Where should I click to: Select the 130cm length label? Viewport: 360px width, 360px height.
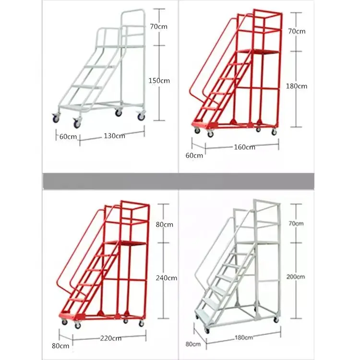[x=114, y=136]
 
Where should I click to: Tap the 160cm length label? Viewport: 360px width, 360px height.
[x=244, y=147]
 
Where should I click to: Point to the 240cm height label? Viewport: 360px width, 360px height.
[x=167, y=277]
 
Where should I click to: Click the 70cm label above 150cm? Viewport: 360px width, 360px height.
[x=158, y=27]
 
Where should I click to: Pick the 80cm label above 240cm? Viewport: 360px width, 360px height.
[x=164, y=224]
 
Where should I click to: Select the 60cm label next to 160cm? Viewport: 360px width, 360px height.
[x=194, y=155]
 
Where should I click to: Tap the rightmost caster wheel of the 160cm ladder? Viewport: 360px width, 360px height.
[x=274, y=132]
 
